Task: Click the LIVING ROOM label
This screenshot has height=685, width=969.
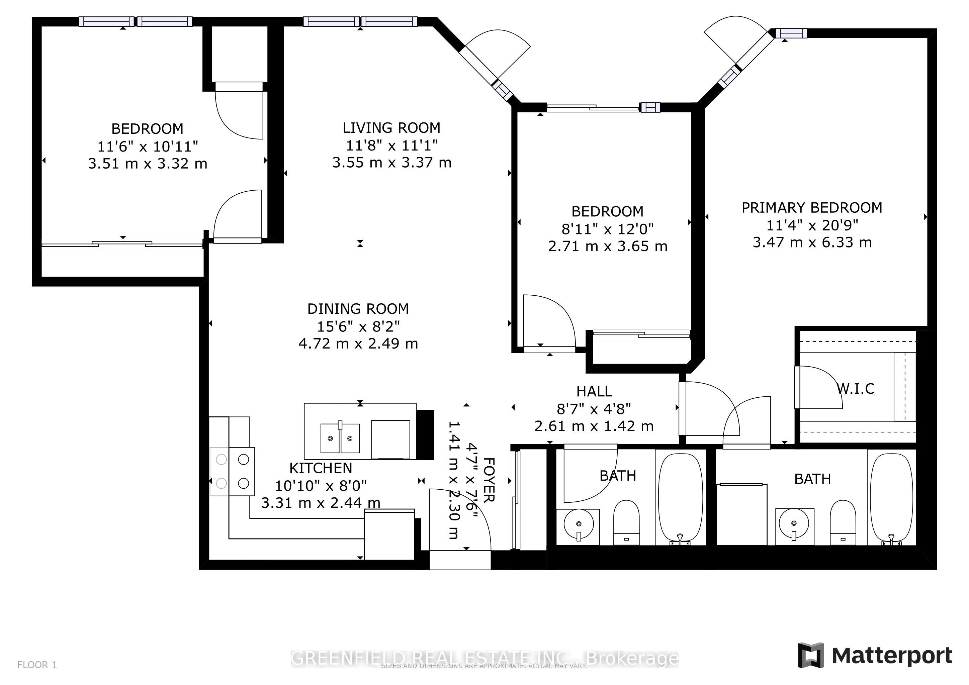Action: [391, 128]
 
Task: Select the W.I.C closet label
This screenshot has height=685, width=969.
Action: [856, 388]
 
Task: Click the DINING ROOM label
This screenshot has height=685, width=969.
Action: [358, 309]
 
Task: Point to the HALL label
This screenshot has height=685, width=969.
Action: [594, 391]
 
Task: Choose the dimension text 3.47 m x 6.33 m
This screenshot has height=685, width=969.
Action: [812, 242]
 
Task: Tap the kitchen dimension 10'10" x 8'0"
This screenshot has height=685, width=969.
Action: [321, 486]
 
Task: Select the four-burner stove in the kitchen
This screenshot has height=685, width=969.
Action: [233, 471]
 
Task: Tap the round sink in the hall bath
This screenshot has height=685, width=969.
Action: [578, 524]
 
